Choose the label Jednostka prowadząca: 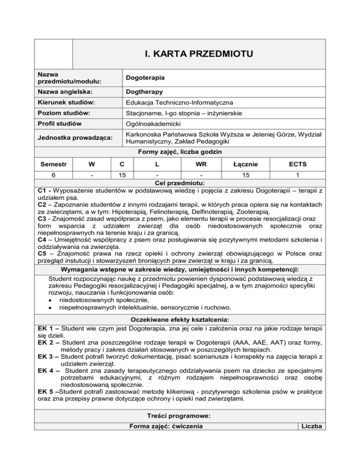71,139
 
